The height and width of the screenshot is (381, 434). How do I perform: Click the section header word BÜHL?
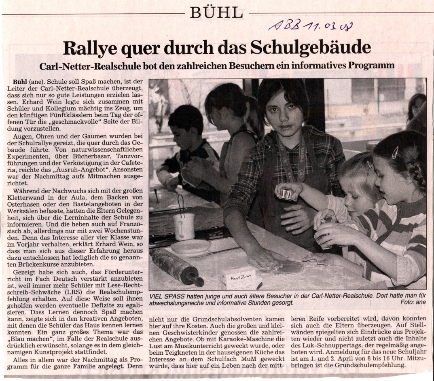[217, 13]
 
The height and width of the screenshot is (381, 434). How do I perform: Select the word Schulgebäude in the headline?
[311, 48]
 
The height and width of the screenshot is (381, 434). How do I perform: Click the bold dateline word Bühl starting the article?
[20, 81]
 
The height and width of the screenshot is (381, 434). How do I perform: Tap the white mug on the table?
[184, 226]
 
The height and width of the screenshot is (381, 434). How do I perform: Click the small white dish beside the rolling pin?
[191, 247]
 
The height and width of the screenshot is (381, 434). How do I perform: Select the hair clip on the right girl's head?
[395, 152]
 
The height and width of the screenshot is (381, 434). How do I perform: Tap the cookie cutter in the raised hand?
[286, 194]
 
